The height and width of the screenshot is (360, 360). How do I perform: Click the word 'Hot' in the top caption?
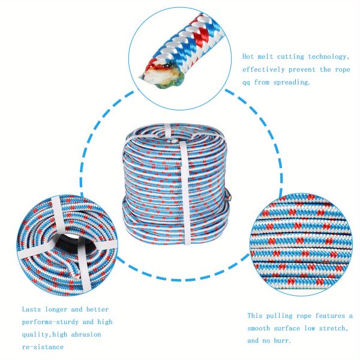pos(248,56)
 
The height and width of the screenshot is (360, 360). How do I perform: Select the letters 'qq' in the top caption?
pos(246,83)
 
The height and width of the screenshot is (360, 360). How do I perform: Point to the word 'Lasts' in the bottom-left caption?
pos(31,309)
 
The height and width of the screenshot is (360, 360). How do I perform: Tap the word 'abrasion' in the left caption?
pos(86,334)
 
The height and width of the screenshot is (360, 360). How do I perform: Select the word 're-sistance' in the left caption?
pos(43,347)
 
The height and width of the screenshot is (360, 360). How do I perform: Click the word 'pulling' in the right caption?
pos(279,316)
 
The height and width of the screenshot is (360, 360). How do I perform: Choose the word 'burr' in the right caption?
pos(282,340)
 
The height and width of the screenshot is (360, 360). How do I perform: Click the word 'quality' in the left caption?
pos(35,335)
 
